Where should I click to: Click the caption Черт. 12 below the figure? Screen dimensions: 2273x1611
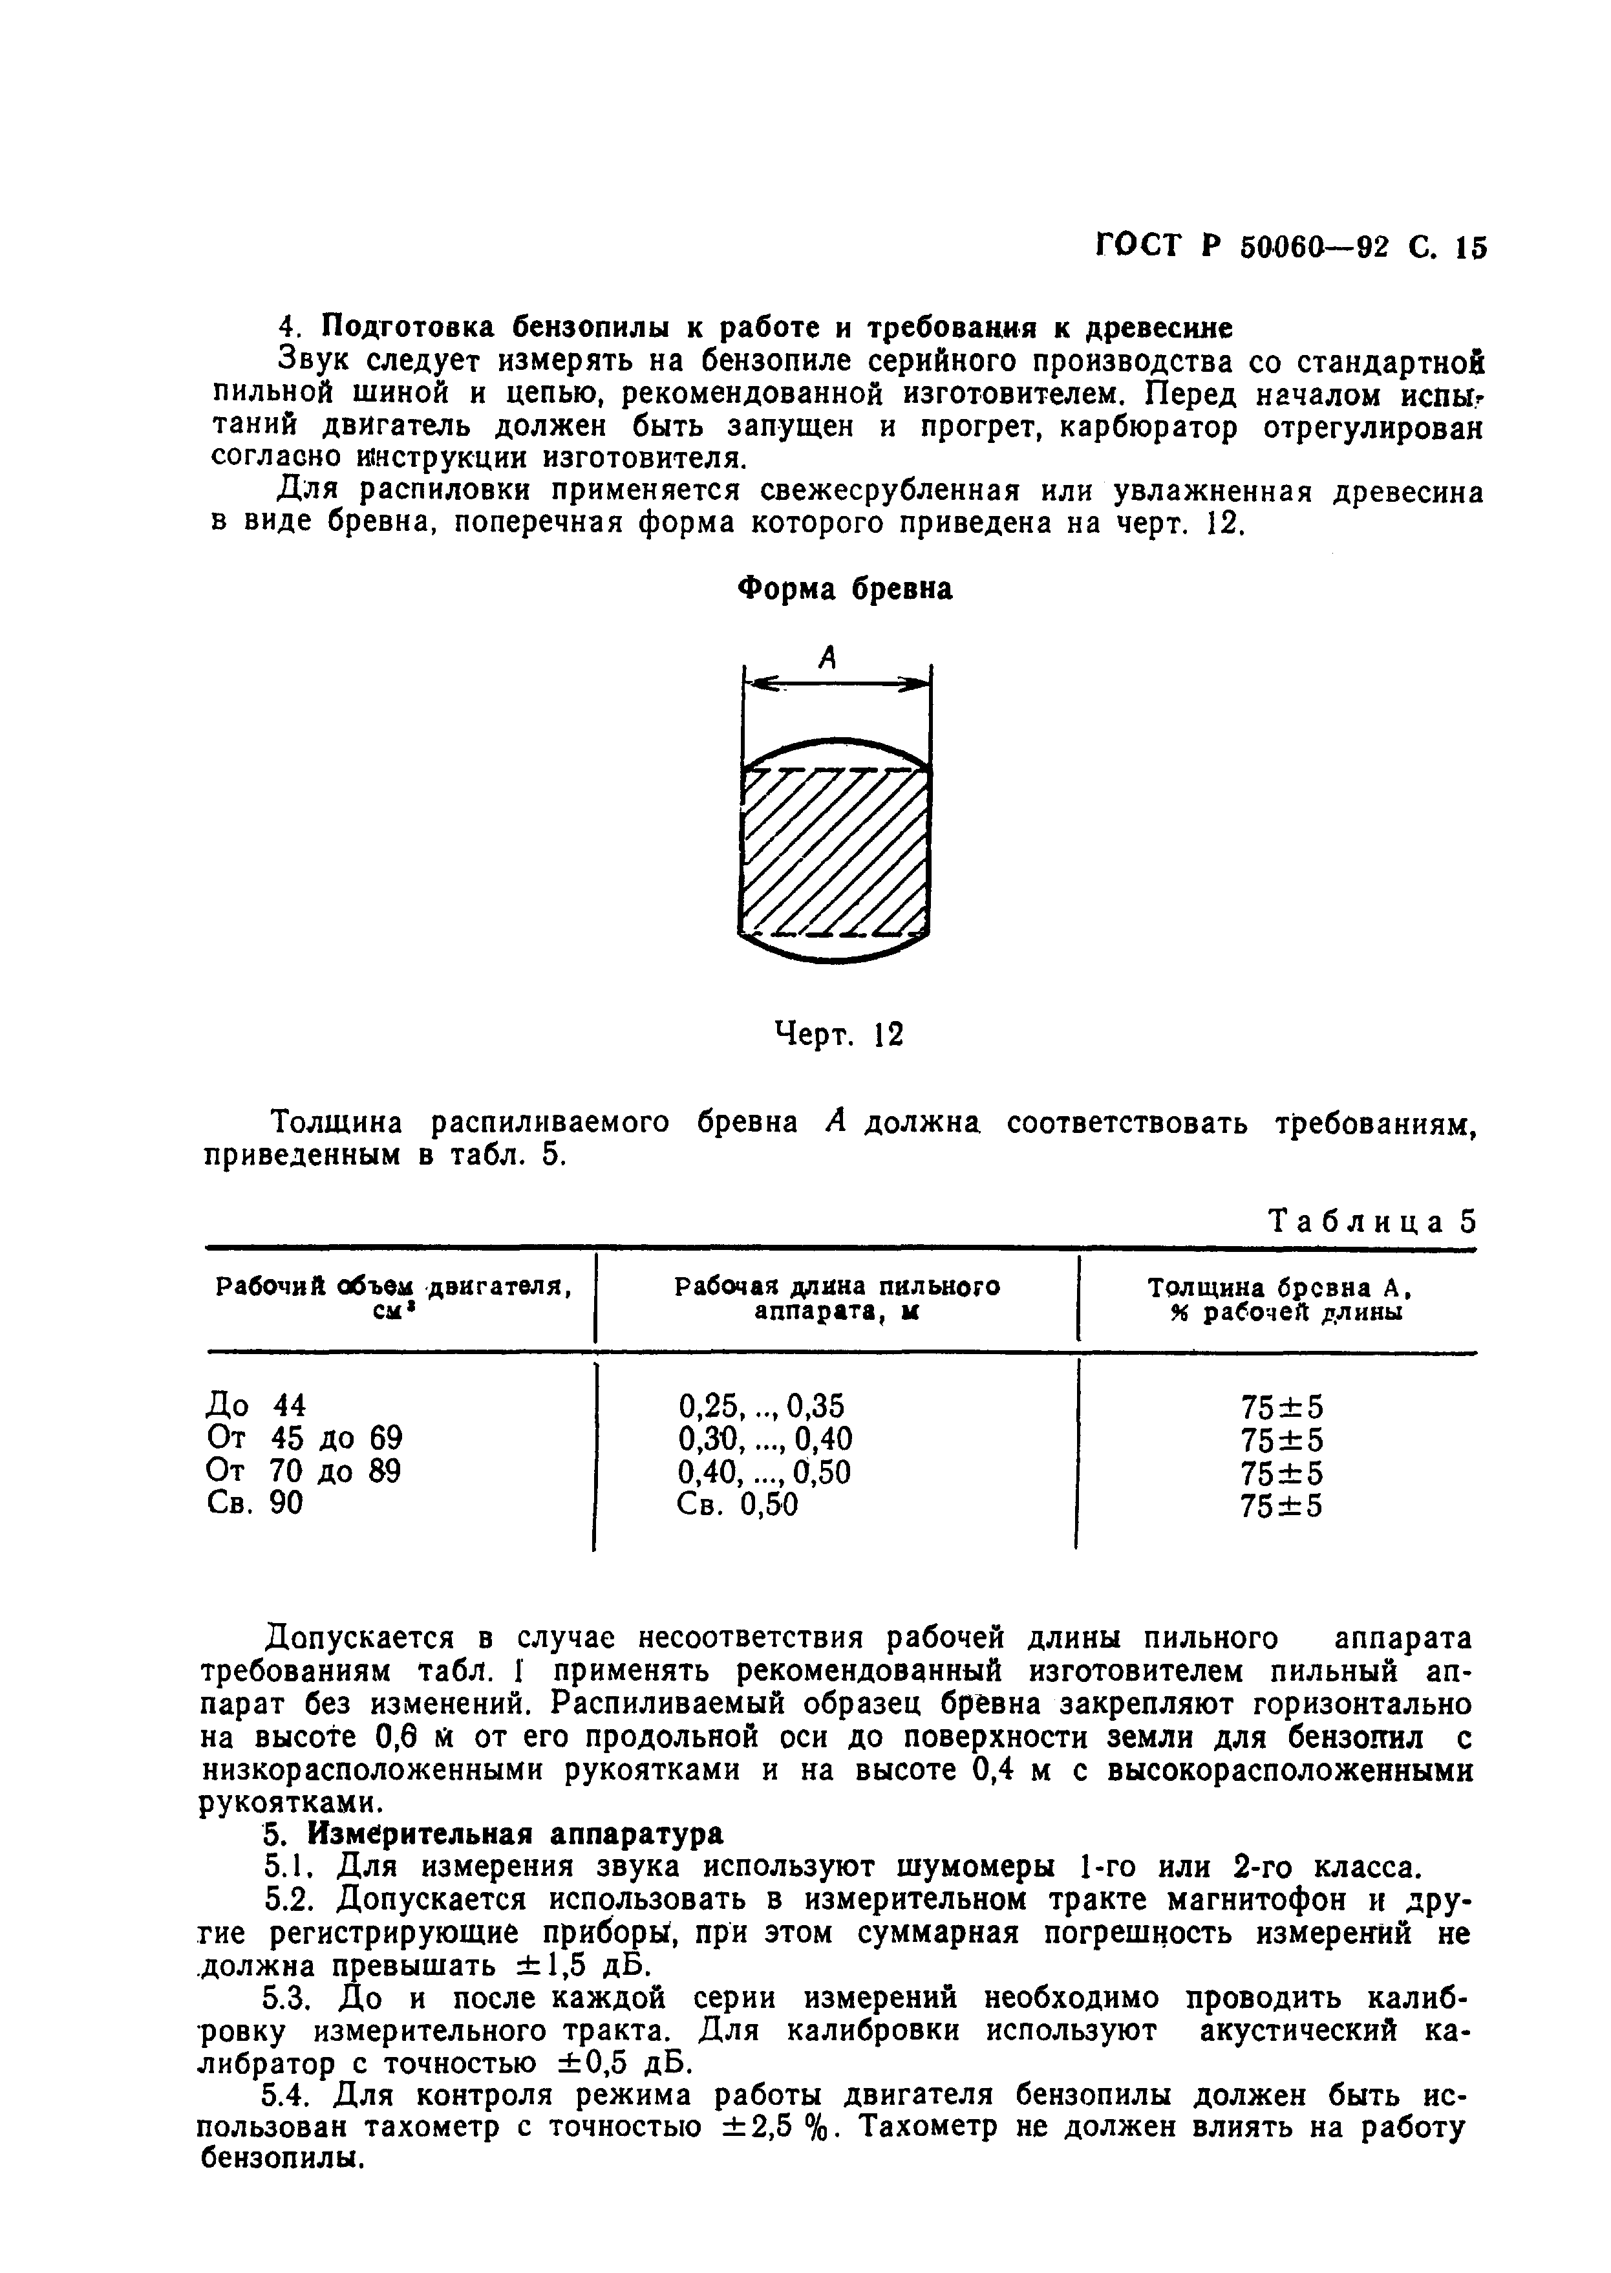tap(838, 1035)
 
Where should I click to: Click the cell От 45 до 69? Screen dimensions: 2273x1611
tap(304, 1439)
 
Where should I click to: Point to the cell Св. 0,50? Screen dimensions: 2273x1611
tap(737, 1504)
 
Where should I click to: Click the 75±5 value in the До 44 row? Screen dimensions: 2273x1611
tap(1282, 1407)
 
